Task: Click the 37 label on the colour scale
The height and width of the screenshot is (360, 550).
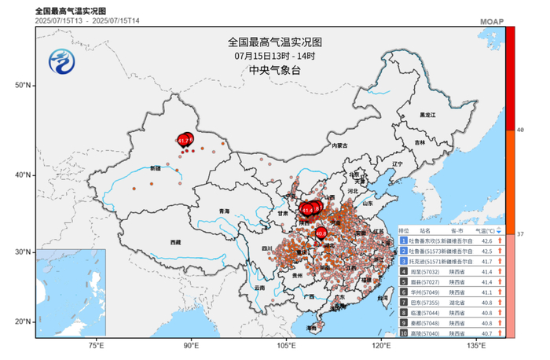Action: click(521, 235)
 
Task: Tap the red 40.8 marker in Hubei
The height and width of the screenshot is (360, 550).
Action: click(321, 233)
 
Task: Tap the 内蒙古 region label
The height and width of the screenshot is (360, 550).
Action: click(339, 146)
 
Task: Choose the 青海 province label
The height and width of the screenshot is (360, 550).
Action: click(224, 211)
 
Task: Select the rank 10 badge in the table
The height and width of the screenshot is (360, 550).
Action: click(403, 332)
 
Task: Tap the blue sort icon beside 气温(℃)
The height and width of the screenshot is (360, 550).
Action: click(499, 231)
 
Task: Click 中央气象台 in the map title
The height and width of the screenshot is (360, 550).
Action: click(275, 71)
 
